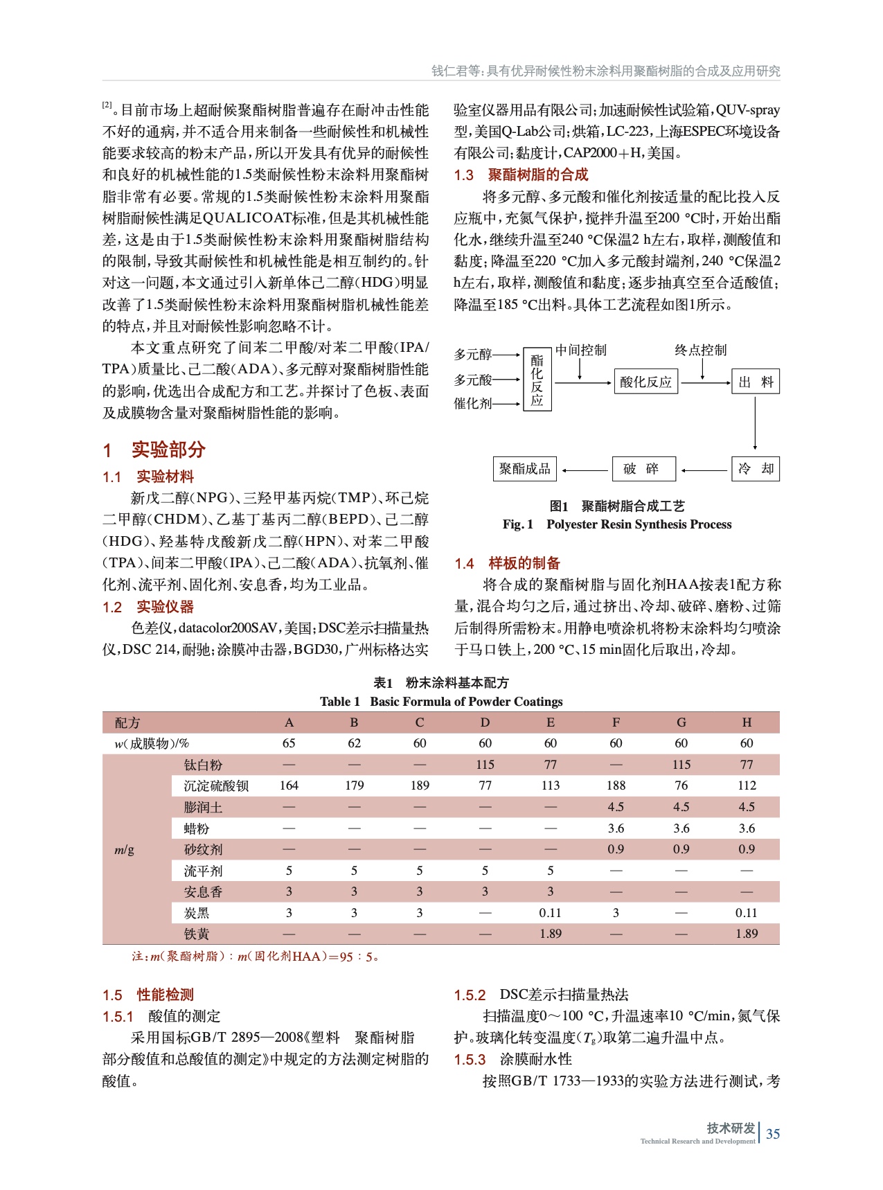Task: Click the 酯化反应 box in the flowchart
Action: click(x=537, y=380)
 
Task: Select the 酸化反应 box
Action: click(x=645, y=382)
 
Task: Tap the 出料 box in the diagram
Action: click(x=756, y=382)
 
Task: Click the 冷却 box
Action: click(x=756, y=469)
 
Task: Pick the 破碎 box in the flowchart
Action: click(x=644, y=469)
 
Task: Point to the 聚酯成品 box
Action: click(x=525, y=469)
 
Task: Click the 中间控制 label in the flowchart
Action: click(x=580, y=350)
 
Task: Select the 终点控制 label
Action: click(x=701, y=350)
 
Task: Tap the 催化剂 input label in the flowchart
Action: click(x=472, y=403)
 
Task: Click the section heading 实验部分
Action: click(x=168, y=450)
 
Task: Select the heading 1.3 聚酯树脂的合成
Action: click(x=521, y=175)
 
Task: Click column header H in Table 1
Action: click(x=747, y=722)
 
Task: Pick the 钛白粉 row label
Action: click(x=203, y=765)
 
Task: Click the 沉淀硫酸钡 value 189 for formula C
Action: click(x=420, y=785)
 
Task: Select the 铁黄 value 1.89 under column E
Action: click(x=551, y=934)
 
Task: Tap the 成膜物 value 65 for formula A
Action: click(x=289, y=743)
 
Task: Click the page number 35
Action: click(x=773, y=1134)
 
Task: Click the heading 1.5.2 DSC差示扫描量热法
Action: click(x=542, y=995)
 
